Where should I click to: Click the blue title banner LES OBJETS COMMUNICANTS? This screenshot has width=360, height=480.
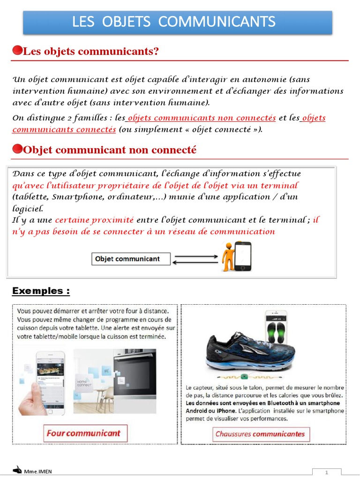[178, 22]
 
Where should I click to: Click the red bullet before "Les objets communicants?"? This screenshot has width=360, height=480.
[17, 51]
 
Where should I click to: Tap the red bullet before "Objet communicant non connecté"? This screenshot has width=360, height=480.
[17, 149]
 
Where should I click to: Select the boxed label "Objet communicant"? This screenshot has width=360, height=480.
[130, 259]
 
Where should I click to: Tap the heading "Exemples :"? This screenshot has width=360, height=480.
[41, 291]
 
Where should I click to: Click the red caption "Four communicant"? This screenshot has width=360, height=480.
[83, 433]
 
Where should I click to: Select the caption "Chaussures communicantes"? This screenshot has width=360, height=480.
[260, 434]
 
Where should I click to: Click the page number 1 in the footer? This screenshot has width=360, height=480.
[327, 472]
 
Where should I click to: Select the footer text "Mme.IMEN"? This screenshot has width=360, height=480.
[38, 472]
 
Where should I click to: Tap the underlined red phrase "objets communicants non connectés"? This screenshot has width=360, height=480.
[201, 118]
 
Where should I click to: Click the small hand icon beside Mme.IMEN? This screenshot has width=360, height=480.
[17, 470]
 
